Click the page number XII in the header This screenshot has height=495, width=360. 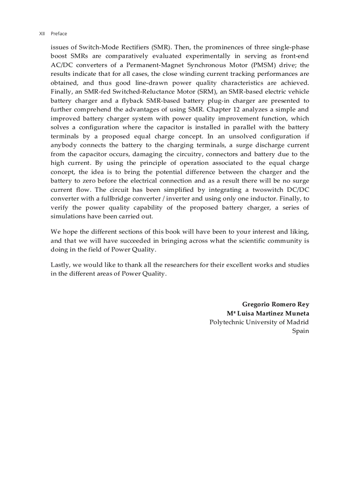[x=42, y=33]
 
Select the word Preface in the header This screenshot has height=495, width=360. [x=59, y=33]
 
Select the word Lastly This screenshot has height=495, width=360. [x=60, y=264]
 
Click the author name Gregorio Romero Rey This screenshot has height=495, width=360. [x=275, y=304]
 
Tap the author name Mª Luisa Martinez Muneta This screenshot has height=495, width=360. [x=268, y=313]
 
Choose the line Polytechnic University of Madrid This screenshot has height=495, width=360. [x=259, y=322]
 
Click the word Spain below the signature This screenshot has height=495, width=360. [x=300, y=331]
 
